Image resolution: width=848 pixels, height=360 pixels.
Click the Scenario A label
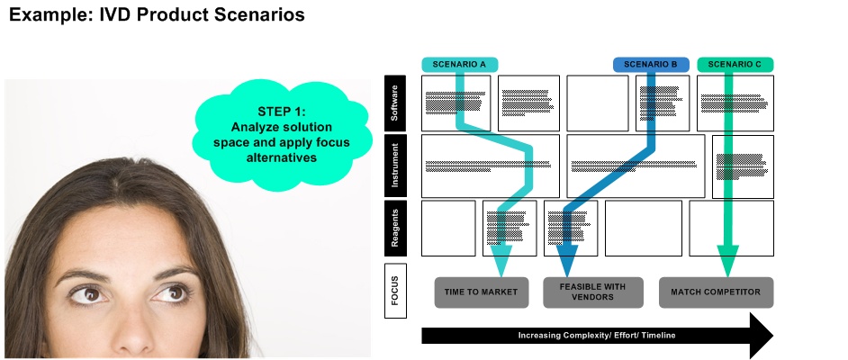click(459, 65)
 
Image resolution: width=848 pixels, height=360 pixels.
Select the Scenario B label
click(651, 65)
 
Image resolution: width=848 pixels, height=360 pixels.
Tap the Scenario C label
click(734, 65)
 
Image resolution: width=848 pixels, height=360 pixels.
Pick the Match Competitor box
click(716, 292)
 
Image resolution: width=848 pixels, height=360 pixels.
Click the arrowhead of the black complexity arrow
click(761, 335)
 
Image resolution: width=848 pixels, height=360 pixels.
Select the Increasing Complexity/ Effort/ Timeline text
click(597, 335)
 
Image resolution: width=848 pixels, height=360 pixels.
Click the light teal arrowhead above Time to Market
click(501, 261)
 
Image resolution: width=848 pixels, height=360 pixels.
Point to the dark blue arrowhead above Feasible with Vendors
click(567, 261)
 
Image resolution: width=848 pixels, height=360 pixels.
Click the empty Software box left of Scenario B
click(597, 103)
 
